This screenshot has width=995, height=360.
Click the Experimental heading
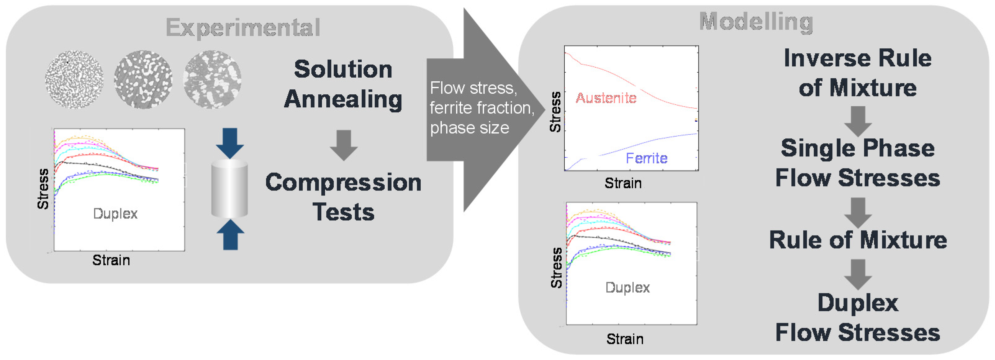click(243, 28)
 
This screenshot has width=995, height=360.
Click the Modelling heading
click(756, 22)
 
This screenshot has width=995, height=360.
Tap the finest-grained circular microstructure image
click(74, 79)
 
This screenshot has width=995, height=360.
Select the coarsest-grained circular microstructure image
click(212, 79)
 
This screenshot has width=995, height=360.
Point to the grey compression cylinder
click(229, 188)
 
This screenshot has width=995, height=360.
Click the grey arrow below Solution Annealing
click(343, 145)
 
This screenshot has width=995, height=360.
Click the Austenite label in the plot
click(606, 98)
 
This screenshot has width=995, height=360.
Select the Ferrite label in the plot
click(646, 158)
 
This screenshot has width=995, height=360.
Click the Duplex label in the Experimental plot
click(115, 214)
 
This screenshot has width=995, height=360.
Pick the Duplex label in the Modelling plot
click(627, 287)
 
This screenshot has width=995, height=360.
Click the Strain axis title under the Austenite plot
click(623, 183)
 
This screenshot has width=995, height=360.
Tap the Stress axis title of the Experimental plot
click(43, 189)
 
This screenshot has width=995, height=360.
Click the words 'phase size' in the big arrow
click(469, 128)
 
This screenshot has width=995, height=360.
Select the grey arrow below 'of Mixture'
click(857, 121)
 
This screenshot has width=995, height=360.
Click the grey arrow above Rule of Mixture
click(857, 213)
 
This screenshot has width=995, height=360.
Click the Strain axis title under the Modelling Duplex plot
click(625, 339)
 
